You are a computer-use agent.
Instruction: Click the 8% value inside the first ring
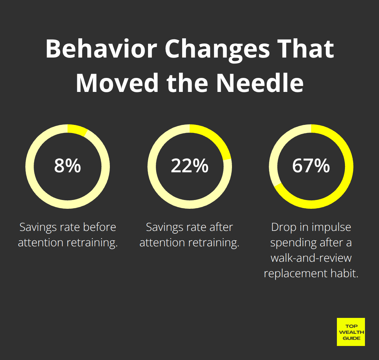(x=67, y=166)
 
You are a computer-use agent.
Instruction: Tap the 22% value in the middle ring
(x=189, y=166)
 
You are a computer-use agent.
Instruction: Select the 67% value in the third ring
(x=311, y=166)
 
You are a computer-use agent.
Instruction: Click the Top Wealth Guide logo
(x=351, y=332)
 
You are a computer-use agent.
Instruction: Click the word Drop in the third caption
(x=283, y=227)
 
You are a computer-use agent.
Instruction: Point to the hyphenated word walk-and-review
(x=311, y=258)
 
